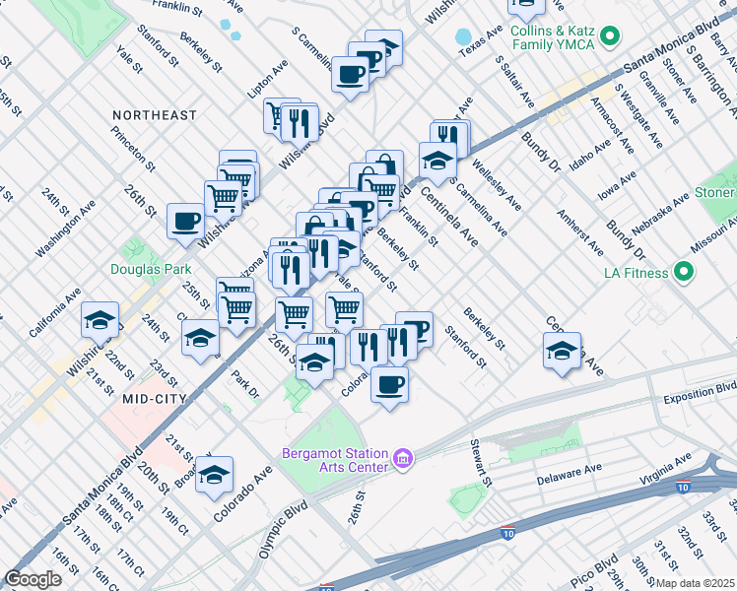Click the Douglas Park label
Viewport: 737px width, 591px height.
(x=150, y=268)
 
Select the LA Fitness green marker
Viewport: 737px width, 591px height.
(x=682, y=272)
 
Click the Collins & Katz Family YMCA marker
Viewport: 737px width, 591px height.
(x=610, y=37)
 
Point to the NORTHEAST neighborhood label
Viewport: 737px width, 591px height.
(x=155, y=115)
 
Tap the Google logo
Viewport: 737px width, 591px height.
(x=33, y=579)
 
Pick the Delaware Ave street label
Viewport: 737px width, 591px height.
(x=569, y=479)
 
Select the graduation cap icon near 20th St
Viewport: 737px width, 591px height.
(x=214, y=475)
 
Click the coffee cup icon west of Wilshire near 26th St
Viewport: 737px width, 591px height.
(x=185, y=222)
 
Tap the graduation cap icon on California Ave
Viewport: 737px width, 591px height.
(x=100, y=319)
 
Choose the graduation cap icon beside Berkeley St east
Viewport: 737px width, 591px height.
(x=561, y=351)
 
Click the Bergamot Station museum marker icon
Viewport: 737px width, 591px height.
(x=402, y=458)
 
